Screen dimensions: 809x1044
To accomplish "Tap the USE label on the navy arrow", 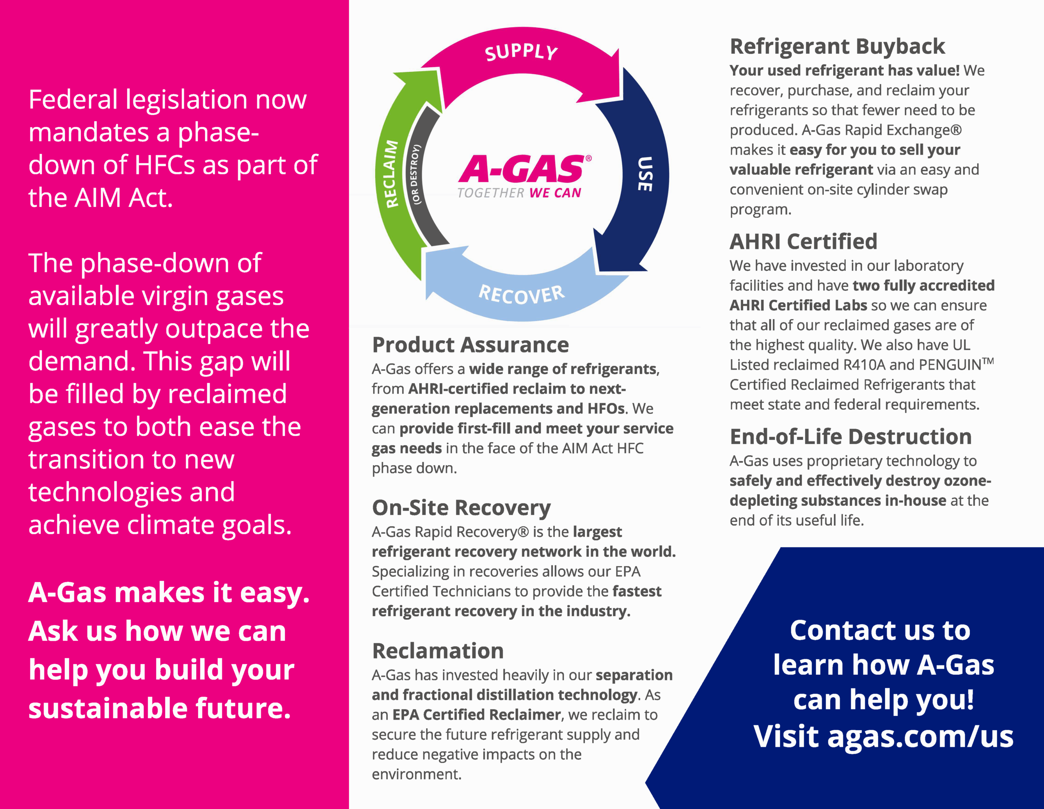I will click(645, 174).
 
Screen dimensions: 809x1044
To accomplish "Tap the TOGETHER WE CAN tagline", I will click(519, 193).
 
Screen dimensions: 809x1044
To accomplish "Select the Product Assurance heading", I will click(470, 345).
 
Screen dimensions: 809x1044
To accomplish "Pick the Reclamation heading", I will click(438, 651).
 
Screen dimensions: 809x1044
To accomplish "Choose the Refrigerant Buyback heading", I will click(837, 47).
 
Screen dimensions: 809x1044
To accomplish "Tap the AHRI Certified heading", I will click(803, 242).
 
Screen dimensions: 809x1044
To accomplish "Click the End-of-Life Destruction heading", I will click(851, 437).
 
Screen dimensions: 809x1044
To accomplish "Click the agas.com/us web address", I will click(920, 736).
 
